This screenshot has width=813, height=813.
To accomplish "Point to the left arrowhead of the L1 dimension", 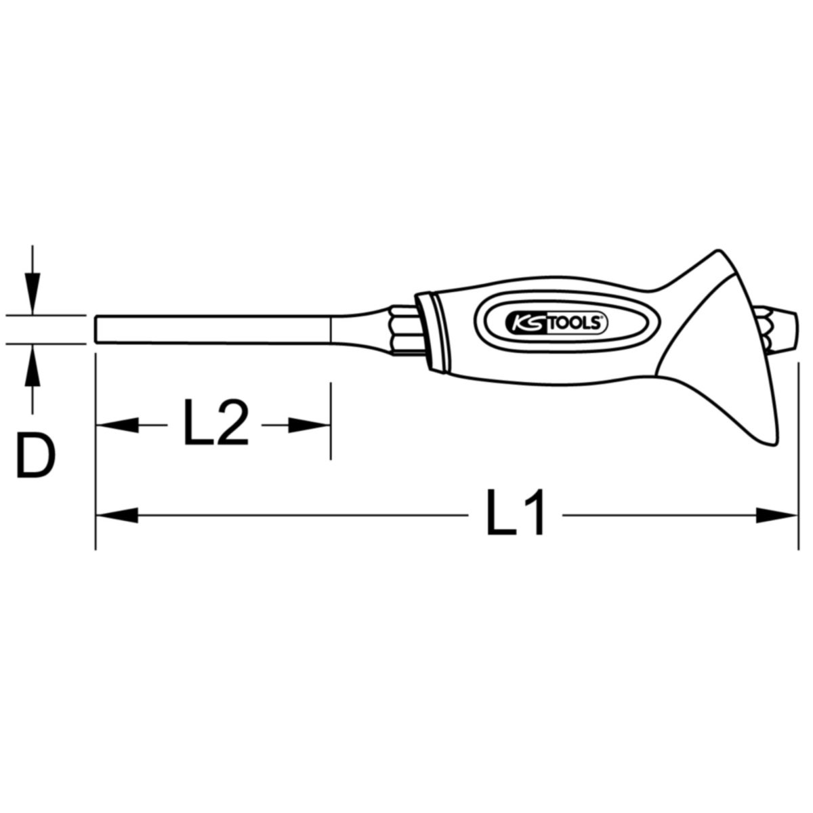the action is click(117, 515).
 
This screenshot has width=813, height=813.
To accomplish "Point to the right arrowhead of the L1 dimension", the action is click(776, 515).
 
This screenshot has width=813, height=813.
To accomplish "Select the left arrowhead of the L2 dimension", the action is click(117, 425).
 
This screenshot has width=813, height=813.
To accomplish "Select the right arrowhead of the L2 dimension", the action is click(309, 425).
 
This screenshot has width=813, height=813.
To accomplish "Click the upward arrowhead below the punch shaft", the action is click(33, 365).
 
